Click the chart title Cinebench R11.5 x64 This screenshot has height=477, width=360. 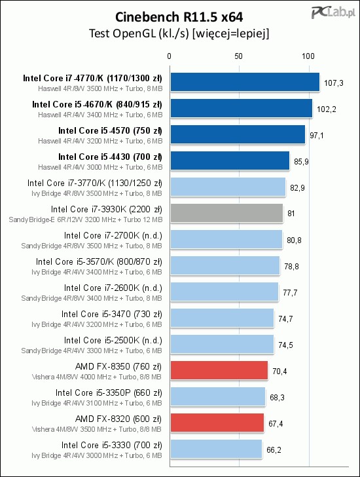point(179,17)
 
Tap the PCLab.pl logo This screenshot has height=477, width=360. point(333,13)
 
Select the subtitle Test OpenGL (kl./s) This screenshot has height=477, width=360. point(139,33)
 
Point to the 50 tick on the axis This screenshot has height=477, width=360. point(238,56)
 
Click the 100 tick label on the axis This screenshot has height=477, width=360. point(308,56)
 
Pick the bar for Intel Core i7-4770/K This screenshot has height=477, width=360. point(245,82)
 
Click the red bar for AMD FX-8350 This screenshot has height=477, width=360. point(219,371)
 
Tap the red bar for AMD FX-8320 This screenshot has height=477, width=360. point(217,423)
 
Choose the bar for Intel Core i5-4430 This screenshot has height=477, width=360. point(230,161)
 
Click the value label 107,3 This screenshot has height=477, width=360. point(334,83)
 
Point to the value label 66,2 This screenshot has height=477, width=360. point(274,450)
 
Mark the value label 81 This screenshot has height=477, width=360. point(291,214)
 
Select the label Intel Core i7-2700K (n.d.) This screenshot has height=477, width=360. point(113,236)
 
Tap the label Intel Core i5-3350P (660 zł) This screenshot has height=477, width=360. point(109,393)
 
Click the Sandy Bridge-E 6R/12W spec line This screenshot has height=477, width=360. point(86,219)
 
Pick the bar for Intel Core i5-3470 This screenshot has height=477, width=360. point(222,318)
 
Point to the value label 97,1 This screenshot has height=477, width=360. point(317,136)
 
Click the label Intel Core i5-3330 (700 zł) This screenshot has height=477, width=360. point(112,446)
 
